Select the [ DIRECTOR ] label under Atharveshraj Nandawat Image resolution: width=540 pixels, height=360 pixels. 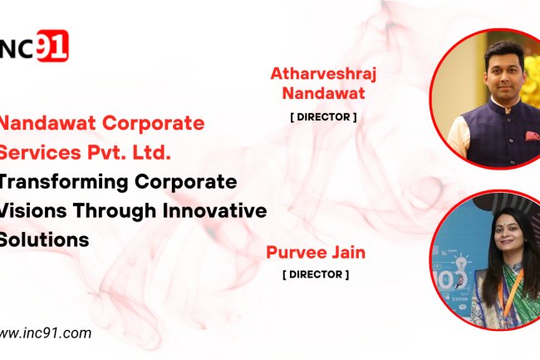[x=323, y=117]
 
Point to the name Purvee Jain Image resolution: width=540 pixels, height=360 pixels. [x=315, y=252]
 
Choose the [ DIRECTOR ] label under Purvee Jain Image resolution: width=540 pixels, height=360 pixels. [x=315, y=274]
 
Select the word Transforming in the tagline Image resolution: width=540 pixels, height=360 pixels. [x=56, y=181]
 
